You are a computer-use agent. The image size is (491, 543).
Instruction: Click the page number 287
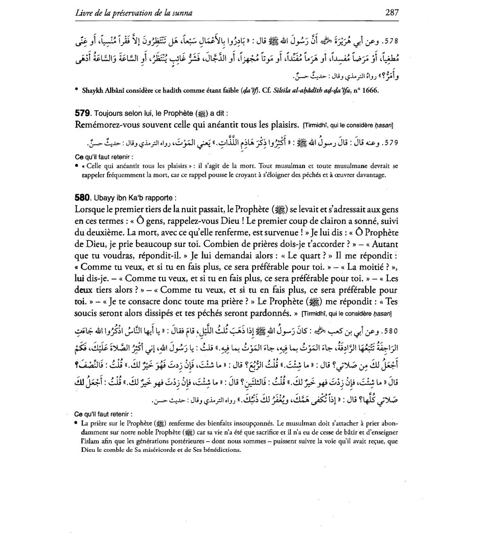coord(392,12)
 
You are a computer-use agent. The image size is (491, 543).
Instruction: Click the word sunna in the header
coord(182,13)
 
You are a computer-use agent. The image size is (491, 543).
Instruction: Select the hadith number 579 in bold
coord(82,112)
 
